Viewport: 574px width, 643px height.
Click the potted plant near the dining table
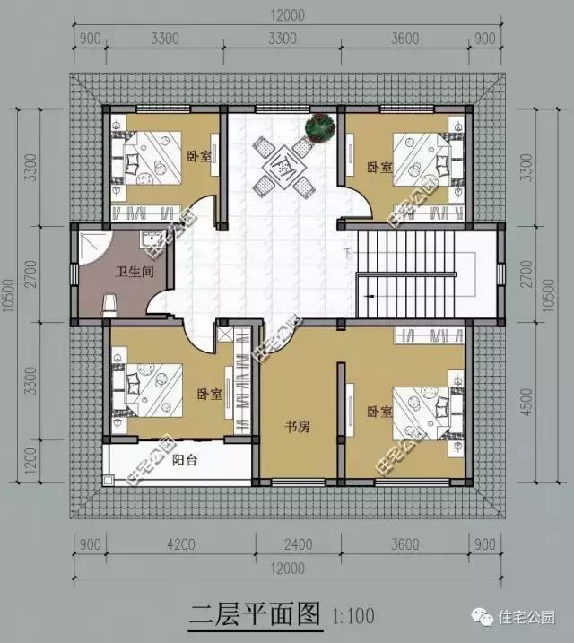coord(319,127)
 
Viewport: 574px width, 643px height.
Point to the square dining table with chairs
coord(282,167)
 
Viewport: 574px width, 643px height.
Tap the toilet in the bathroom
coord(109,304)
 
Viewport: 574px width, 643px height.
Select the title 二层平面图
coord(255,614)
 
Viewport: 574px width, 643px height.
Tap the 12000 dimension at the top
coord(286,14)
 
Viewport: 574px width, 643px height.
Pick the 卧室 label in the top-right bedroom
coord(379,168)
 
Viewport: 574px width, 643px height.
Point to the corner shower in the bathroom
coord(92,246)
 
